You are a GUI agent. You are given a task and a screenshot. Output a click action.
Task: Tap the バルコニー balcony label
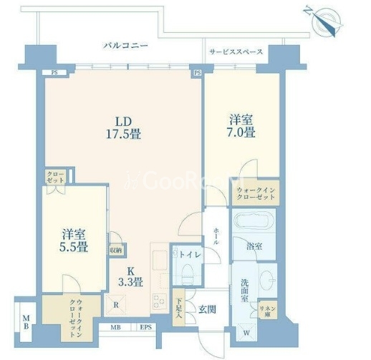pyautogui.click(x=125, y=45)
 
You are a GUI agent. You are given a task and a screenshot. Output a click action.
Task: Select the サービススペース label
pyautogui.click(x=236, y=52)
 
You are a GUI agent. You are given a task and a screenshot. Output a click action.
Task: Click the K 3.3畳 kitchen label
pyautogui.click(x=135, y=276)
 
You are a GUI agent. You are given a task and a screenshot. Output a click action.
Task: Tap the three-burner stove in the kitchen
pyautogui.click(x=159, y=302)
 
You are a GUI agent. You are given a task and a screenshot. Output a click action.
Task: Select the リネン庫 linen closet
pyautogui.click(x=269, y=308)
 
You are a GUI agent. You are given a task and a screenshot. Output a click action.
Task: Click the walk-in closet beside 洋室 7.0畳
pyautogui.click(x=255, y=193)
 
